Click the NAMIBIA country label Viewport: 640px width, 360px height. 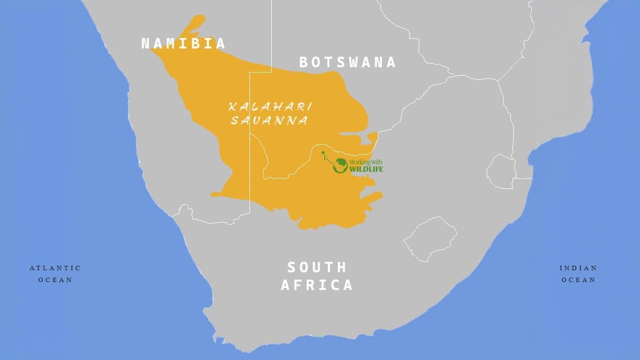point(183,43)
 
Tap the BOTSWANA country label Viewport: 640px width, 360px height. point(348,62)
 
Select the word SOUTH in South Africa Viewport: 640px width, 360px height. point(317,267)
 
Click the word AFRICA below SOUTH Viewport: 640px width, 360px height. point(317,285)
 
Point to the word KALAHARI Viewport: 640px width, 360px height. point(270,107)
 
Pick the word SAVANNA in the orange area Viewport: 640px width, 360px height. point(269,120)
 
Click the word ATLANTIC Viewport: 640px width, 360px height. point(55,268)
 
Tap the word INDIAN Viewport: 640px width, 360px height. point(578,268)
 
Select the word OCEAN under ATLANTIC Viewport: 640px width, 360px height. point(55,280)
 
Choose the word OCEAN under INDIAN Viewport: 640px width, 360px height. point(578,280)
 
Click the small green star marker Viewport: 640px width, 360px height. point(323,153)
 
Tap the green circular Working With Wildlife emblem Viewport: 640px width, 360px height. point(340,166)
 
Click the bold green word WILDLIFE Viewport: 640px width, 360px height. point(366,169)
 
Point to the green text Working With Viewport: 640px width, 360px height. point(365,162)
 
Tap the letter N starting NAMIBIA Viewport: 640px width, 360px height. point(145,43)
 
